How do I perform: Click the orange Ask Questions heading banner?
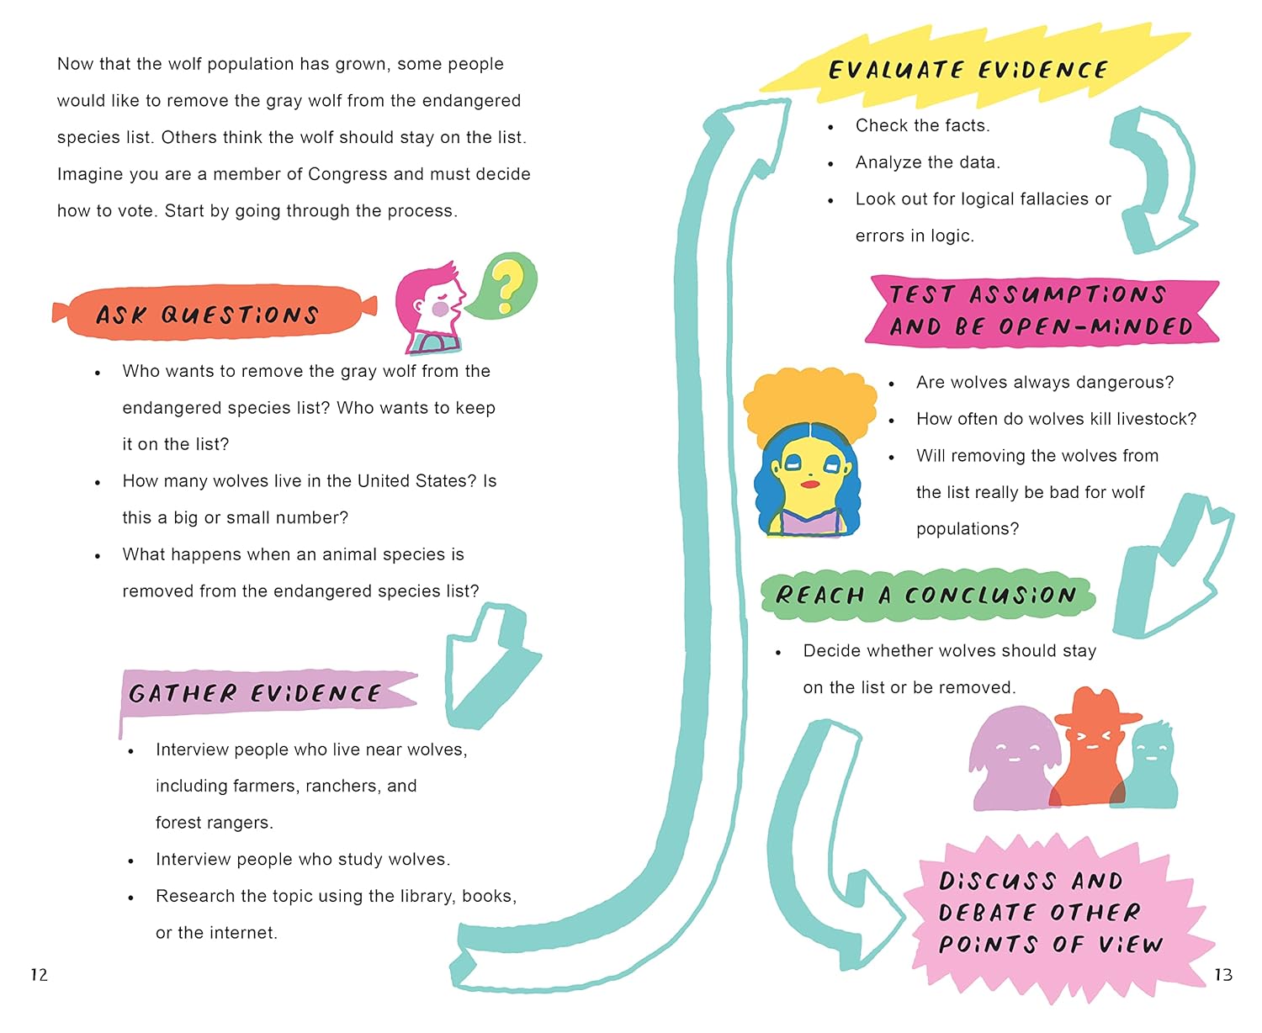(x=210, y=313)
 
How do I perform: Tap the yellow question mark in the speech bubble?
(x=506, y=286)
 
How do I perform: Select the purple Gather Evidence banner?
(x=261, y=693)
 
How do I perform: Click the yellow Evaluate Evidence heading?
(x=968, y=69)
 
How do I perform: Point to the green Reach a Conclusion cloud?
(x=925, y=595)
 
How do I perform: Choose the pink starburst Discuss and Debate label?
(x=1052, y=914)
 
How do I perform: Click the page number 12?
(x=39, y=975)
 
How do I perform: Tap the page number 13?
(x=1222, y=975)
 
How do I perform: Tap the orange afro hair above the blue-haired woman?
(x=808, y=400)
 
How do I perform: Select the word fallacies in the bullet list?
(x=1049, y=199)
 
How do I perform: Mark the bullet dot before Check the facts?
(x=830, y=127)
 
